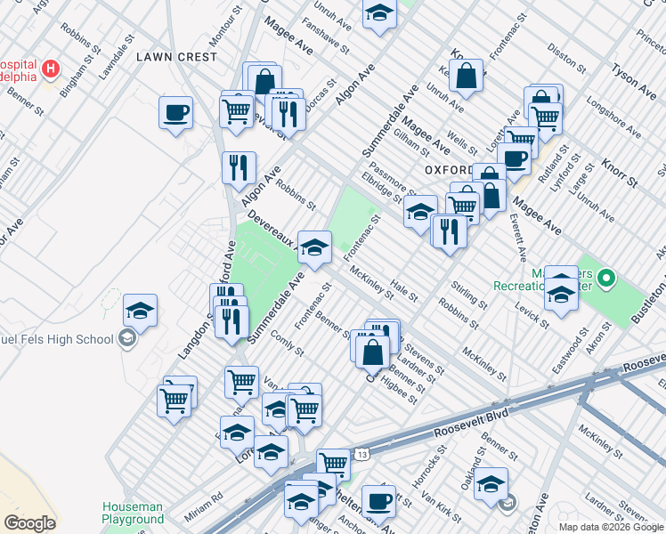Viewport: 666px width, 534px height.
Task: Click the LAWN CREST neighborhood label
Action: pos(176,56)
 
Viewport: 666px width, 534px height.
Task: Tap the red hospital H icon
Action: pos(52,68)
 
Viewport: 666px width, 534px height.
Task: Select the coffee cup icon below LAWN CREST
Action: pos(175,113)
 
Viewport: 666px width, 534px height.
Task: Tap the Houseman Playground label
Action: pos(132,513)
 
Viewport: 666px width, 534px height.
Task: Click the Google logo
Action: pos(30,522)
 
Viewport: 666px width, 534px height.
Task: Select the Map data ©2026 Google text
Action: pos(612,527)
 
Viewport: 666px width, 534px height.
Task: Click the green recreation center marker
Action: pos(606,279)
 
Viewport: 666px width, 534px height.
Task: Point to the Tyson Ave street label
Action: pos(635,77)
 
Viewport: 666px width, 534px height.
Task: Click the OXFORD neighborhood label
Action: pos(448,169)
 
